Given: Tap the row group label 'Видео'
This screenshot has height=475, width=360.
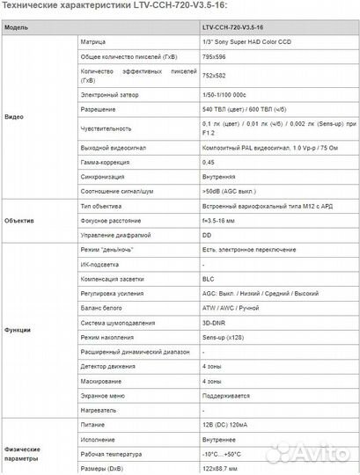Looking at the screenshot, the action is point(14,116).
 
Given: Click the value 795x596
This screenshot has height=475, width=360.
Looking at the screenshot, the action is point(215,56).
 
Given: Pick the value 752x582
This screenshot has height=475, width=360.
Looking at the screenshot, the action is point(215,77).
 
